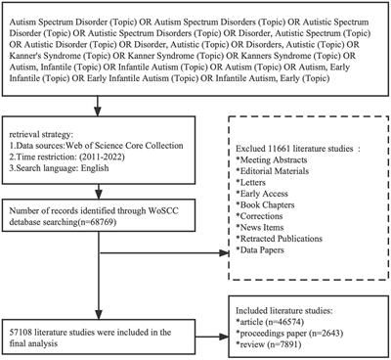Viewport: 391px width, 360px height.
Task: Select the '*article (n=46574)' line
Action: pyautogui.click(x=290, y=312)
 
